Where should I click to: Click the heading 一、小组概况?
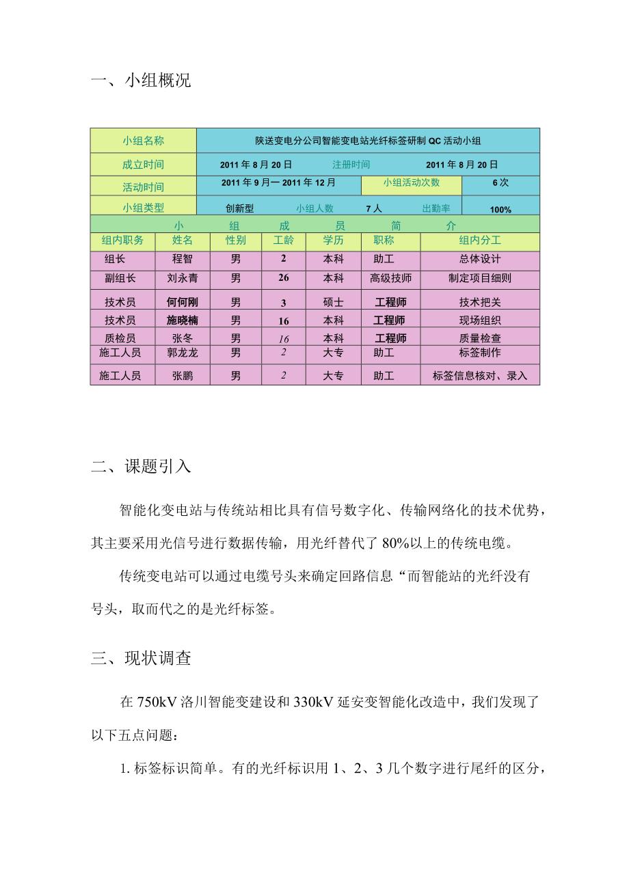pos(141,81)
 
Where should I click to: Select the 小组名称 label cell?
pos(143,141)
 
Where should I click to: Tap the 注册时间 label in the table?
pos(351,165)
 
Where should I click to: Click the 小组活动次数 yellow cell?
pos(412,183)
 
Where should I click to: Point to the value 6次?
pos(500,183)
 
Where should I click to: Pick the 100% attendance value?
pos(500,209)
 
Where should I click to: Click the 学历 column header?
pos(333,241)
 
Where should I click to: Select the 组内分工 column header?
pos(480,241)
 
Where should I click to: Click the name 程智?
pos(183,260)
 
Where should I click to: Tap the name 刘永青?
pos(183,279)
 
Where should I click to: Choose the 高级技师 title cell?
pos(390,279)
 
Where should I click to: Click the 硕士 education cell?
pos(333,303)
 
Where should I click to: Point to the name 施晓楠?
pos(183,320)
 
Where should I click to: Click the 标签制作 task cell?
pos(480,353)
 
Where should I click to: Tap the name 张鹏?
pos(183,376)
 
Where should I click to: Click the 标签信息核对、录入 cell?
pos(480,376)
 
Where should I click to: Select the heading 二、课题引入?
pos(141,467)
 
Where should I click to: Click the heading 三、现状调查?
pos(141,658)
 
